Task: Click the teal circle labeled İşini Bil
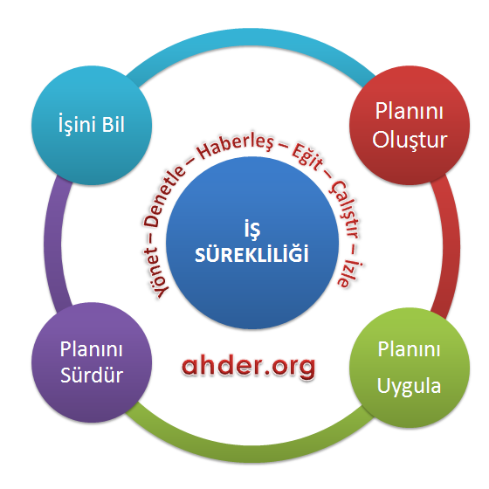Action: point(92,125)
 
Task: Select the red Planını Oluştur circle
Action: point(410,125)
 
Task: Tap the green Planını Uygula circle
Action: point(410,368)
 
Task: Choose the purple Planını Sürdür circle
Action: point(92,362)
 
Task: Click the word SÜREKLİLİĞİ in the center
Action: point(251,253)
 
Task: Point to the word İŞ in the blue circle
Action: point(252,229)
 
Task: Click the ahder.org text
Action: point(248,367)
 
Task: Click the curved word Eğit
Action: point(306,158)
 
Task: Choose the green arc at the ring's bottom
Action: point(251,453)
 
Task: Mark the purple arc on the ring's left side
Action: point(52,244)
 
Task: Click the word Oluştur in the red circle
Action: point(410,140)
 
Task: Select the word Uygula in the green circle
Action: point(409,386)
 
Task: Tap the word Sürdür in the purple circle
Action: point(92,375)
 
